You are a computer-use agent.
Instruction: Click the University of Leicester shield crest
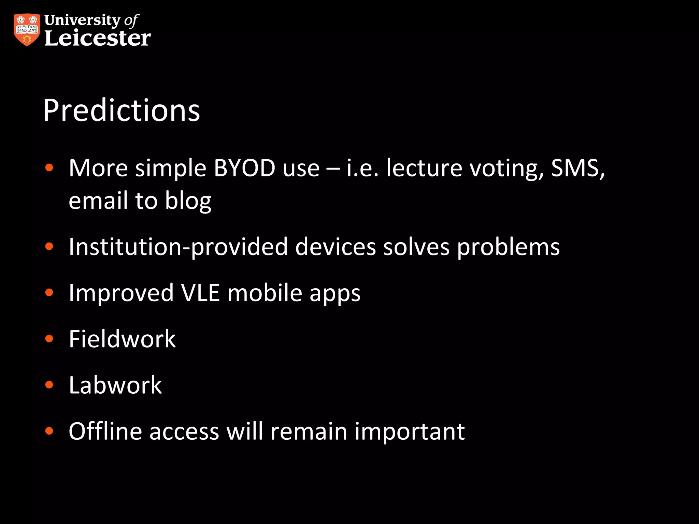click(27, 30)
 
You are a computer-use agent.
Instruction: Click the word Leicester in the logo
click(98, 38)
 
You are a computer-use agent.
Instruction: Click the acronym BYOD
click(244, 168)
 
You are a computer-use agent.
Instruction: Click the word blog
click(188, 201)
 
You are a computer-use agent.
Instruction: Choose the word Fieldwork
click(122, 339)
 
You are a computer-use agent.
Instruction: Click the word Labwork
click(115, 385)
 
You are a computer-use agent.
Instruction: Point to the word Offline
click(105, 431)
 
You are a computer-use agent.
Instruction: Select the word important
click(410, 432)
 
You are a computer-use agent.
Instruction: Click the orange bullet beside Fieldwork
click(49, 339)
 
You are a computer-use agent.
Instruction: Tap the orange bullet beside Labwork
click(49, 385)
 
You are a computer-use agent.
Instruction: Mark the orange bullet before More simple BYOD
click(49, 168)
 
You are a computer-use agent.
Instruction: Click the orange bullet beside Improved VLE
click(49, 292)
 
